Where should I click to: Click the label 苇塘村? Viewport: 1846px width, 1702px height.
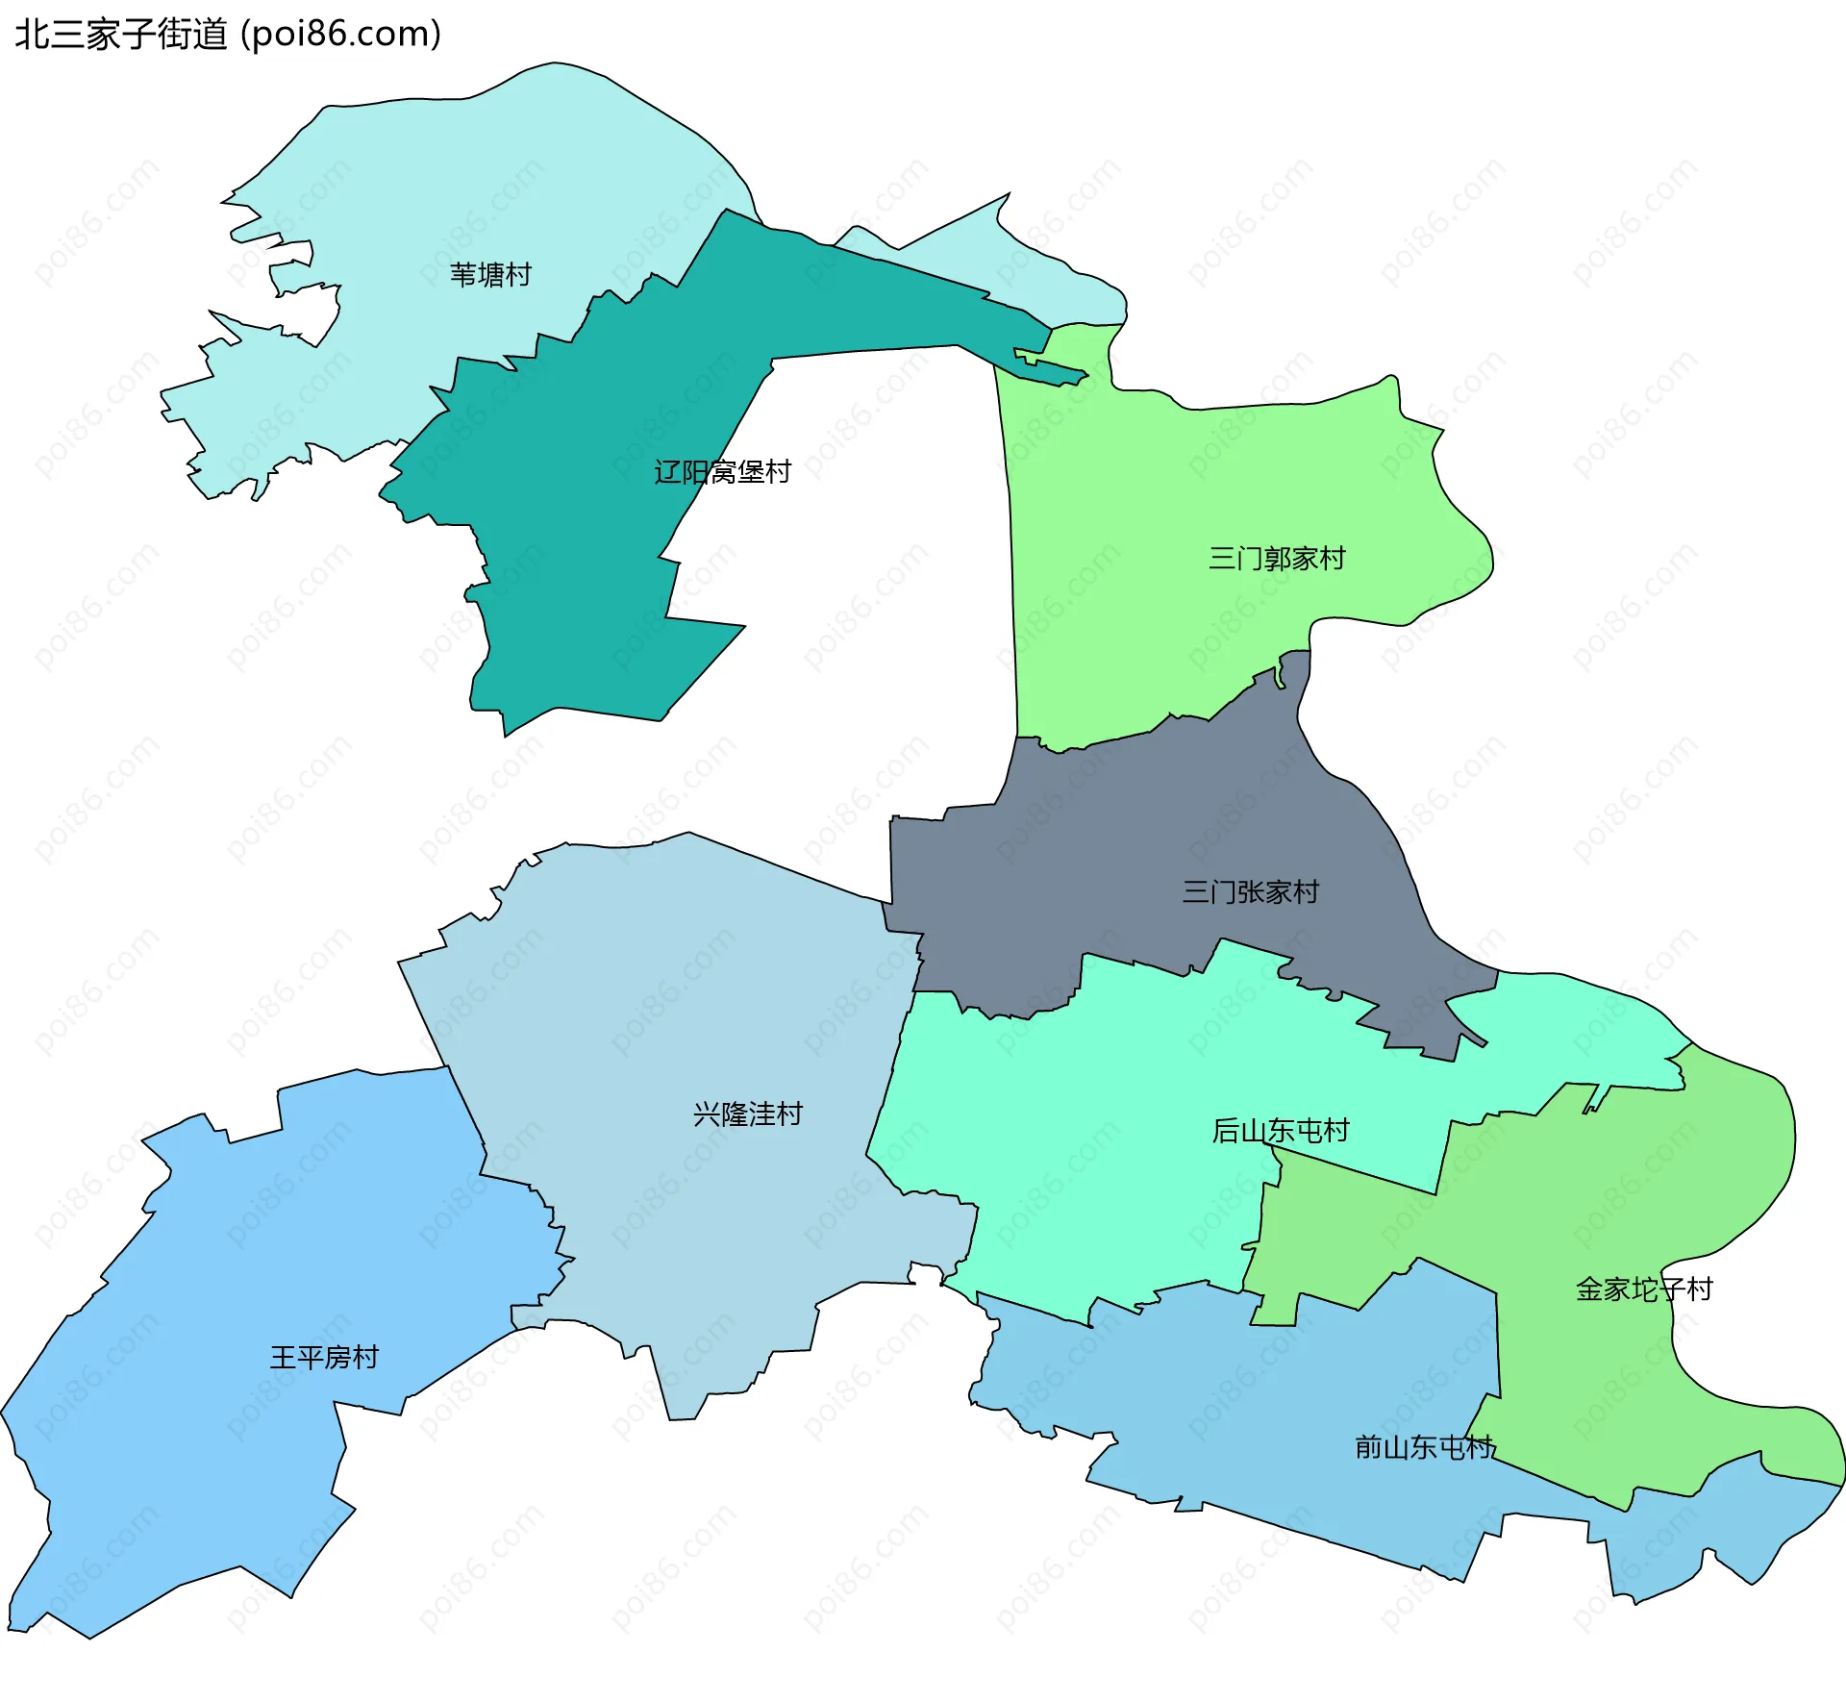tap(490, 275)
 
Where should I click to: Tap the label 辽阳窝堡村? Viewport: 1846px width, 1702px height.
tap(722, 472)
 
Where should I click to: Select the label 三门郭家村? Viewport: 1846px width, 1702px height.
tap(1276, 559)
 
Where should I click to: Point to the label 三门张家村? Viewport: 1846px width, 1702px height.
tap(1250, 892)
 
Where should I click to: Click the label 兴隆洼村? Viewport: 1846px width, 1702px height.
tap(747, 1114)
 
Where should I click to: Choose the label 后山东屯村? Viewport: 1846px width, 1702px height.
tap(1280, 1131)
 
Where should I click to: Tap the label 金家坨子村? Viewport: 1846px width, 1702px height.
tap(1643, 1289)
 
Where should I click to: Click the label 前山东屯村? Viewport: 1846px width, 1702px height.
tap(1424, 1447)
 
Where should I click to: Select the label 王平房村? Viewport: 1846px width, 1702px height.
tap(324, 1358)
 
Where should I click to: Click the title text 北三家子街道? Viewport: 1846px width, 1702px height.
tap(121, 35)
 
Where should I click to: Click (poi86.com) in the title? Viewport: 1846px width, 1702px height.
tap(341, 35)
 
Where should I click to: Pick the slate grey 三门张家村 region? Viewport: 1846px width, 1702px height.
tap(1106, 846)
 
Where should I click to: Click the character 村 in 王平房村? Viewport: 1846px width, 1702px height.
tap(365, 1358)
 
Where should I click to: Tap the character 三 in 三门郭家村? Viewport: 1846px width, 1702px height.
tap(1222, 559)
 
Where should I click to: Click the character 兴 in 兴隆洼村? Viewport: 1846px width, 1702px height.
tap(707, 1114)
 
